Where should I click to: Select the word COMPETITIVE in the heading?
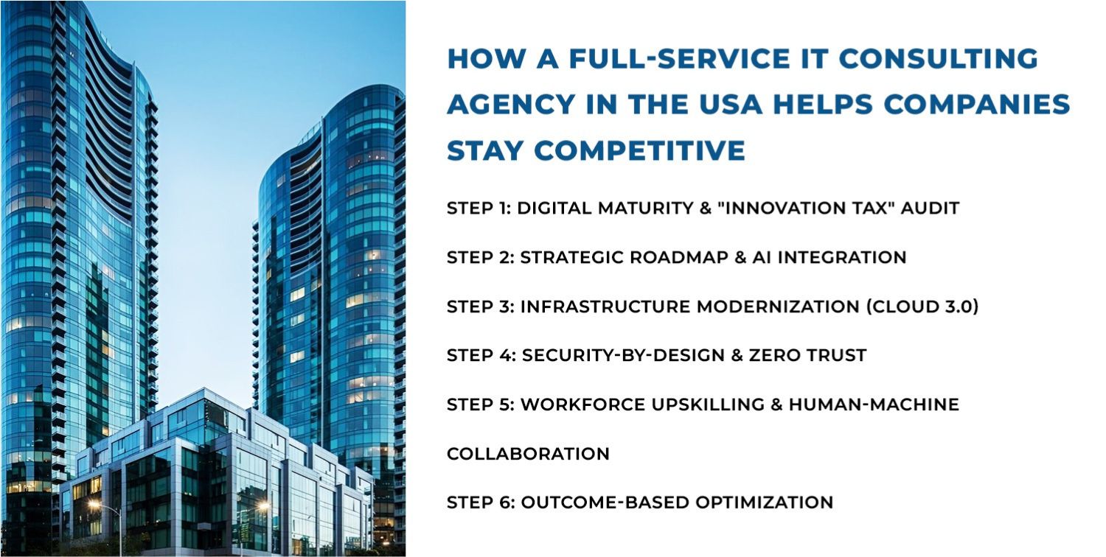[639, 150]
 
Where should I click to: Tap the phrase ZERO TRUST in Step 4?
[808, 355]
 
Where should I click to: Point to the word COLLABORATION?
[528, 454]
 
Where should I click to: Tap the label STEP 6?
[480, 502]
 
